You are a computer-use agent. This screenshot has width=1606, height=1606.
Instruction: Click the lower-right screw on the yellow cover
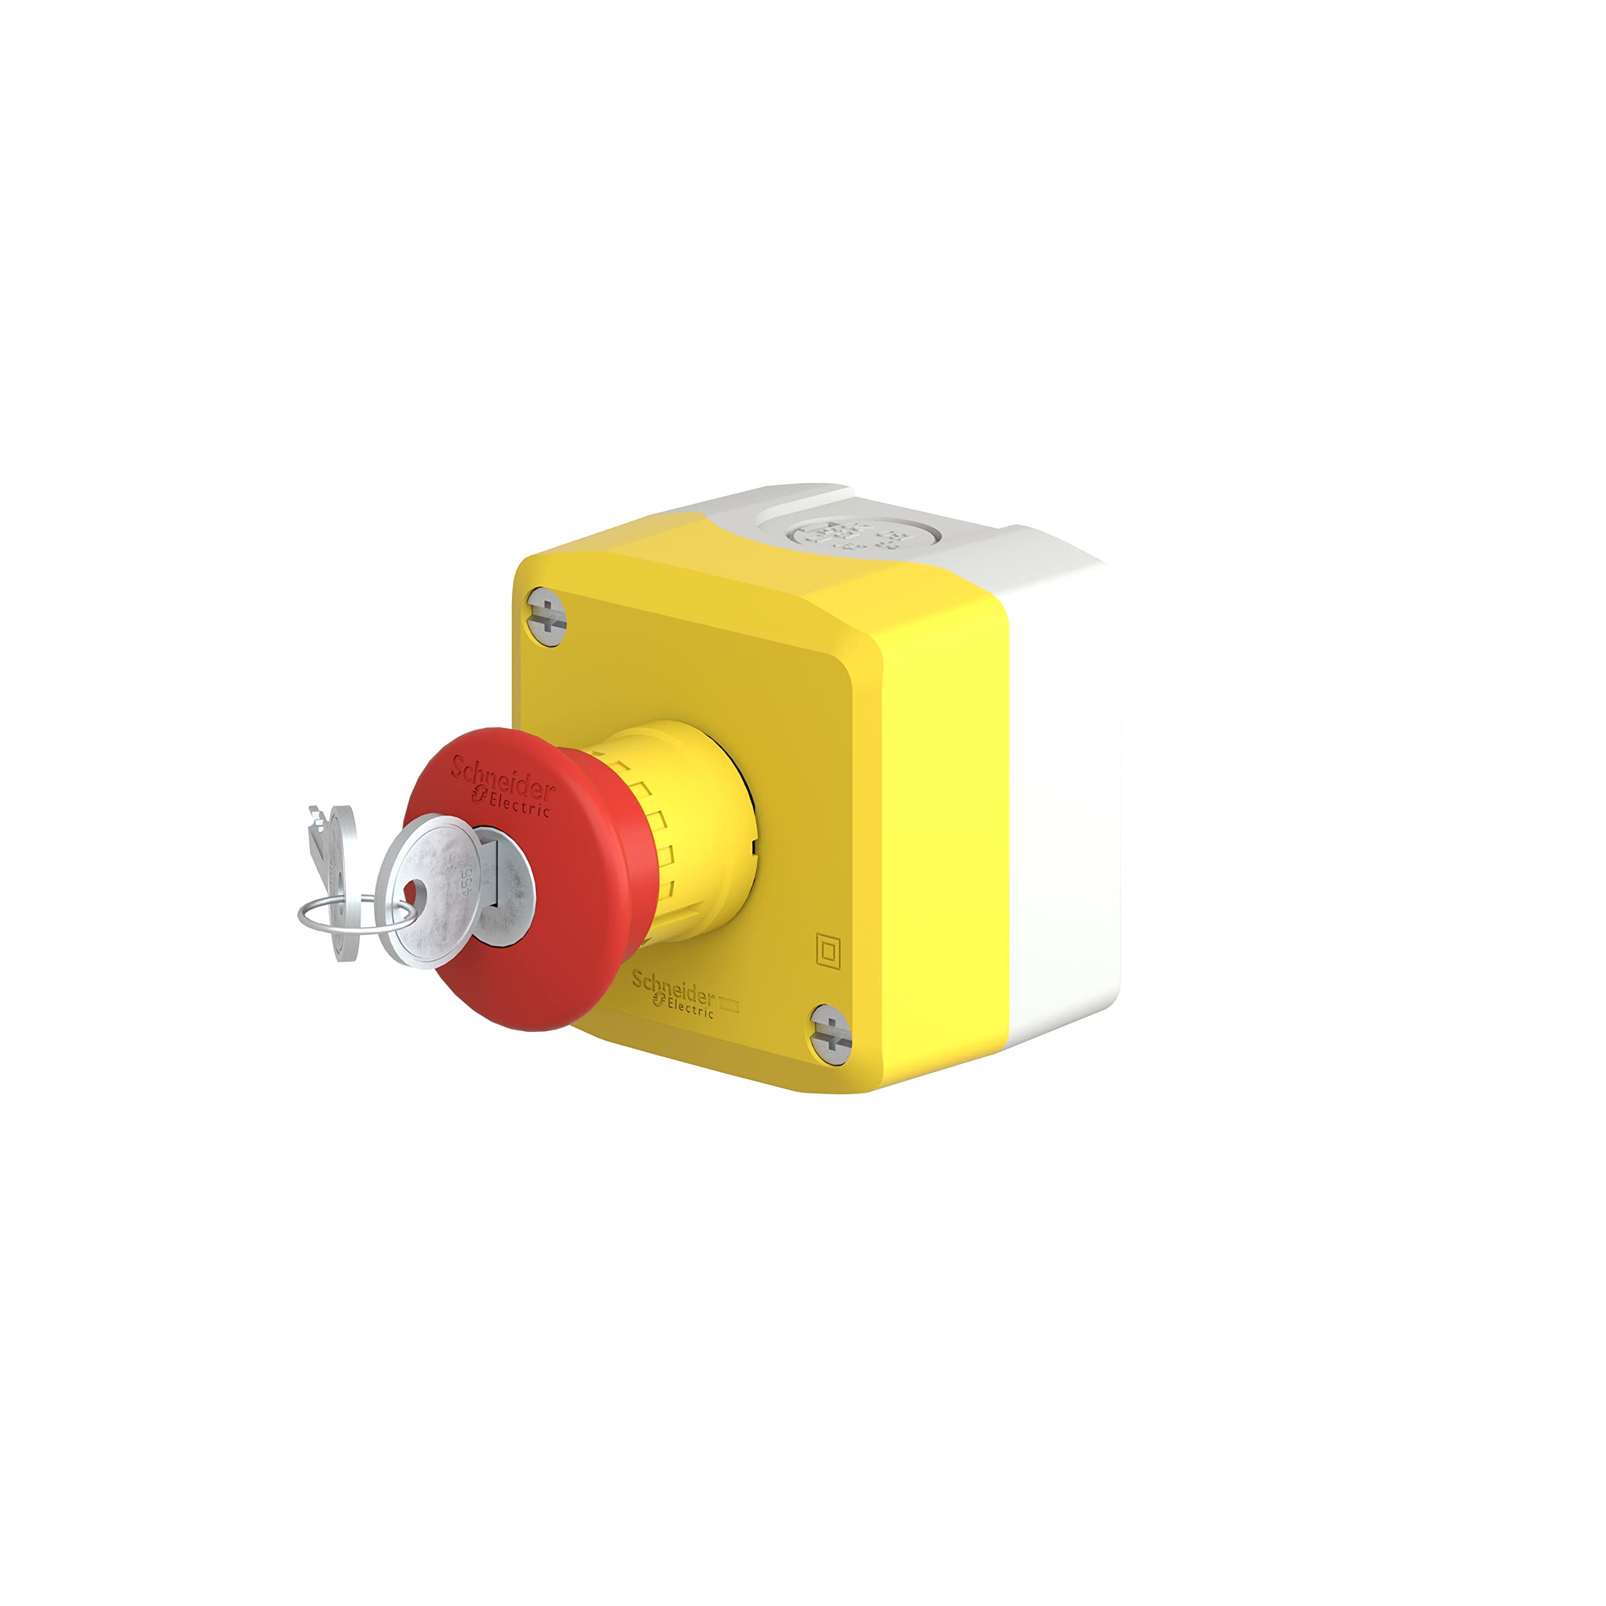coord(831,1033)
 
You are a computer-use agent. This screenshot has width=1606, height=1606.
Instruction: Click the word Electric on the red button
coord(519,803)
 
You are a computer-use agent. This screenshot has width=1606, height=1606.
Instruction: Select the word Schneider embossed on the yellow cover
coord(673,987)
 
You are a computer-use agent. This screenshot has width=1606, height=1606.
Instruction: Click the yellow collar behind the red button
coord(698,831)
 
